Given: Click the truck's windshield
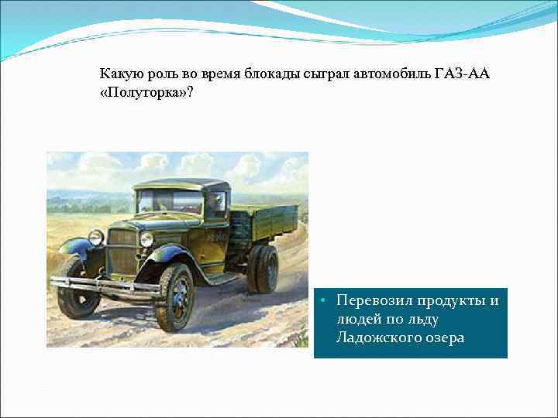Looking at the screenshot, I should (170, 202).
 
